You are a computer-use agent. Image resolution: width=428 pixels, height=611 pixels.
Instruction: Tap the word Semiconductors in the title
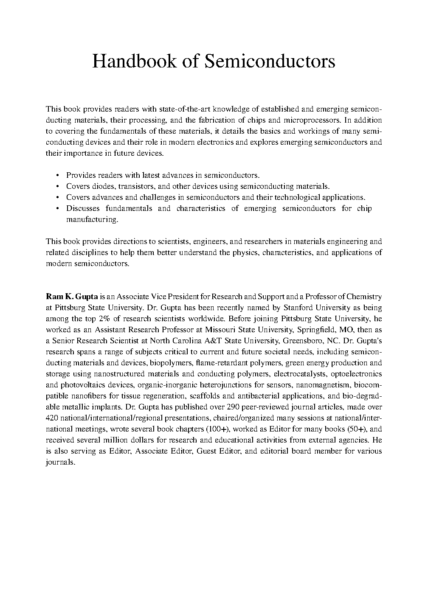[x=270, y=61]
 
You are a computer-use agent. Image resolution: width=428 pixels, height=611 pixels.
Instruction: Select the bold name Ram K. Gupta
[x=72, y=296]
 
